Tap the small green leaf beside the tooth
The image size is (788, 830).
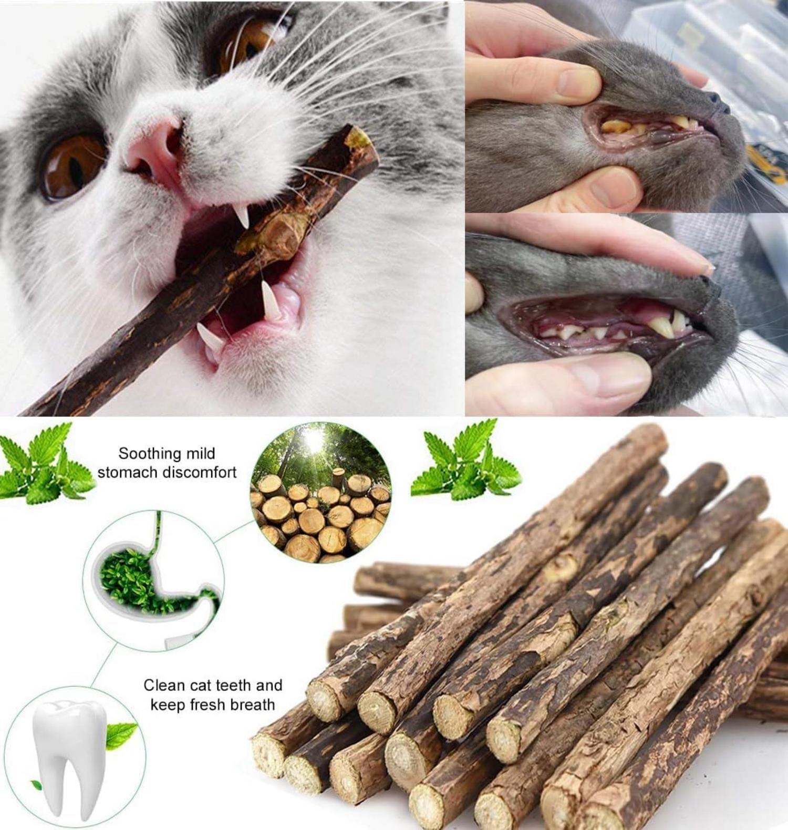pos(121,734)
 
